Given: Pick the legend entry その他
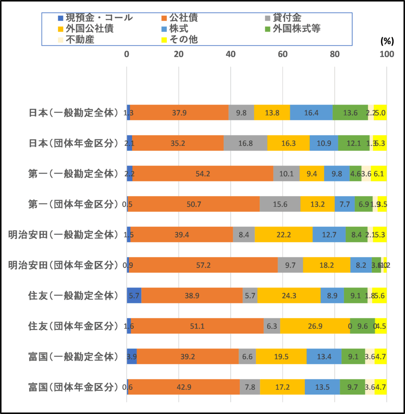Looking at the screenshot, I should click(x=184, y=40).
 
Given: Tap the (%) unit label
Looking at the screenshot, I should click(x=387, y=41).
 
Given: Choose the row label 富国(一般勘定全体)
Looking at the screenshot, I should click(x=73, y=356).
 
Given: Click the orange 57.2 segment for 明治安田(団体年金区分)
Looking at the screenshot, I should click(x=204, y=265).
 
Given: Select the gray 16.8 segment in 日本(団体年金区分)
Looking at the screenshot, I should click(x=246, y=143).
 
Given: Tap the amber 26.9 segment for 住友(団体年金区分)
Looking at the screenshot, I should click(x=315, y=326).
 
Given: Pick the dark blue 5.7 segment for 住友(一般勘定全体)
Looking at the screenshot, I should click(x=134, y=296).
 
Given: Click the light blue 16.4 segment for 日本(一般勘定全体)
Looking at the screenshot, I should click(x=311, y=112).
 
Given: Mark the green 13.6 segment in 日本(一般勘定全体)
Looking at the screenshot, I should click(x=350, y=112).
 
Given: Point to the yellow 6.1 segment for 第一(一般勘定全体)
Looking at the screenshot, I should click(x=379, y=173).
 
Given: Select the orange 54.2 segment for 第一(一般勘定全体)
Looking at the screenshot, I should click(x=203, y=173).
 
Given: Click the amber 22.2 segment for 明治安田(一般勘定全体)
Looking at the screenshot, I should click(x=283, y=234).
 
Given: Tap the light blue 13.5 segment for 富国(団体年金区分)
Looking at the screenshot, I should click(x=322, y=387).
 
